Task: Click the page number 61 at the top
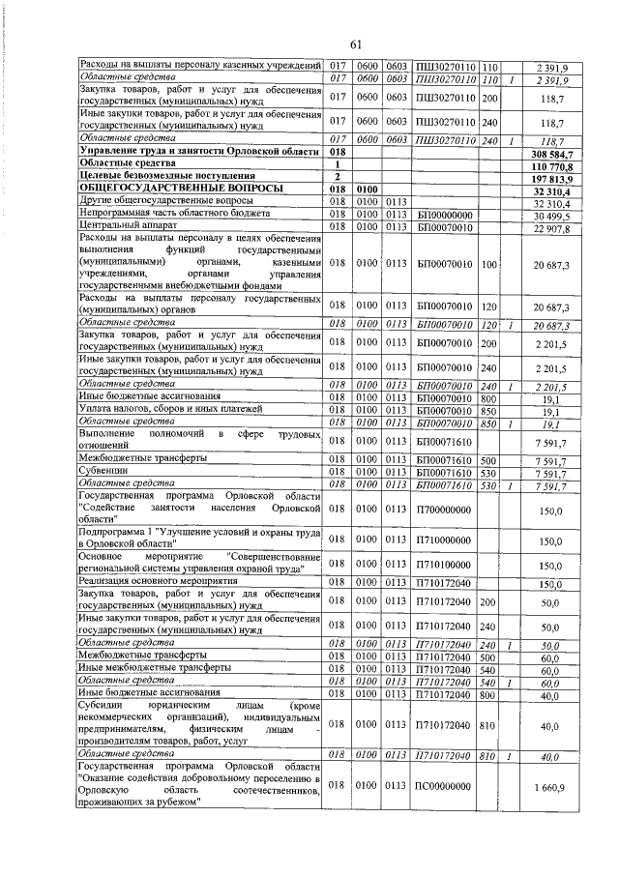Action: [355, 44]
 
